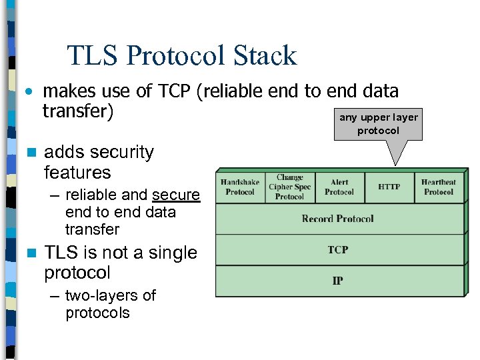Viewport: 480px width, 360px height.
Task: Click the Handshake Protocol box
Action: (x=240, y=187)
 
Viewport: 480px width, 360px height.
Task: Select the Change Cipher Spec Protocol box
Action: (x=289, y=187)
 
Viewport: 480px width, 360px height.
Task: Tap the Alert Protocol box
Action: (x=339, y=187)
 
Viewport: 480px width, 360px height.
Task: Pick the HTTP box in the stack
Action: (x=389, y=187)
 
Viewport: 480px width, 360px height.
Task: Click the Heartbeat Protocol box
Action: (x=438, y=187)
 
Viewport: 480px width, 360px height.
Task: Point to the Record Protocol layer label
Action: (x=337, y=219)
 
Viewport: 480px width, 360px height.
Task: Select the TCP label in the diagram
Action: (x=337, y=250)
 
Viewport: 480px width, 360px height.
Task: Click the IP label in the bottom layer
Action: (x=337, y=281)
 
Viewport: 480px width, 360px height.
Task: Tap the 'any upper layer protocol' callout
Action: (x=378, y=125)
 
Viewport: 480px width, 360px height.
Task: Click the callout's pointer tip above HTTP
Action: (x=396, y=163)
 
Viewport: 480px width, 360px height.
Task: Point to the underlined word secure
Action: (x=176, y=195)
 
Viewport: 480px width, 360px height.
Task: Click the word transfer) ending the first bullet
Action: (x=78, y=111)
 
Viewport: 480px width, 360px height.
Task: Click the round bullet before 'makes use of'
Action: (x=29, y=91)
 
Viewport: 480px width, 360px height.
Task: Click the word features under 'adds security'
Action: (x=77, y=173)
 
